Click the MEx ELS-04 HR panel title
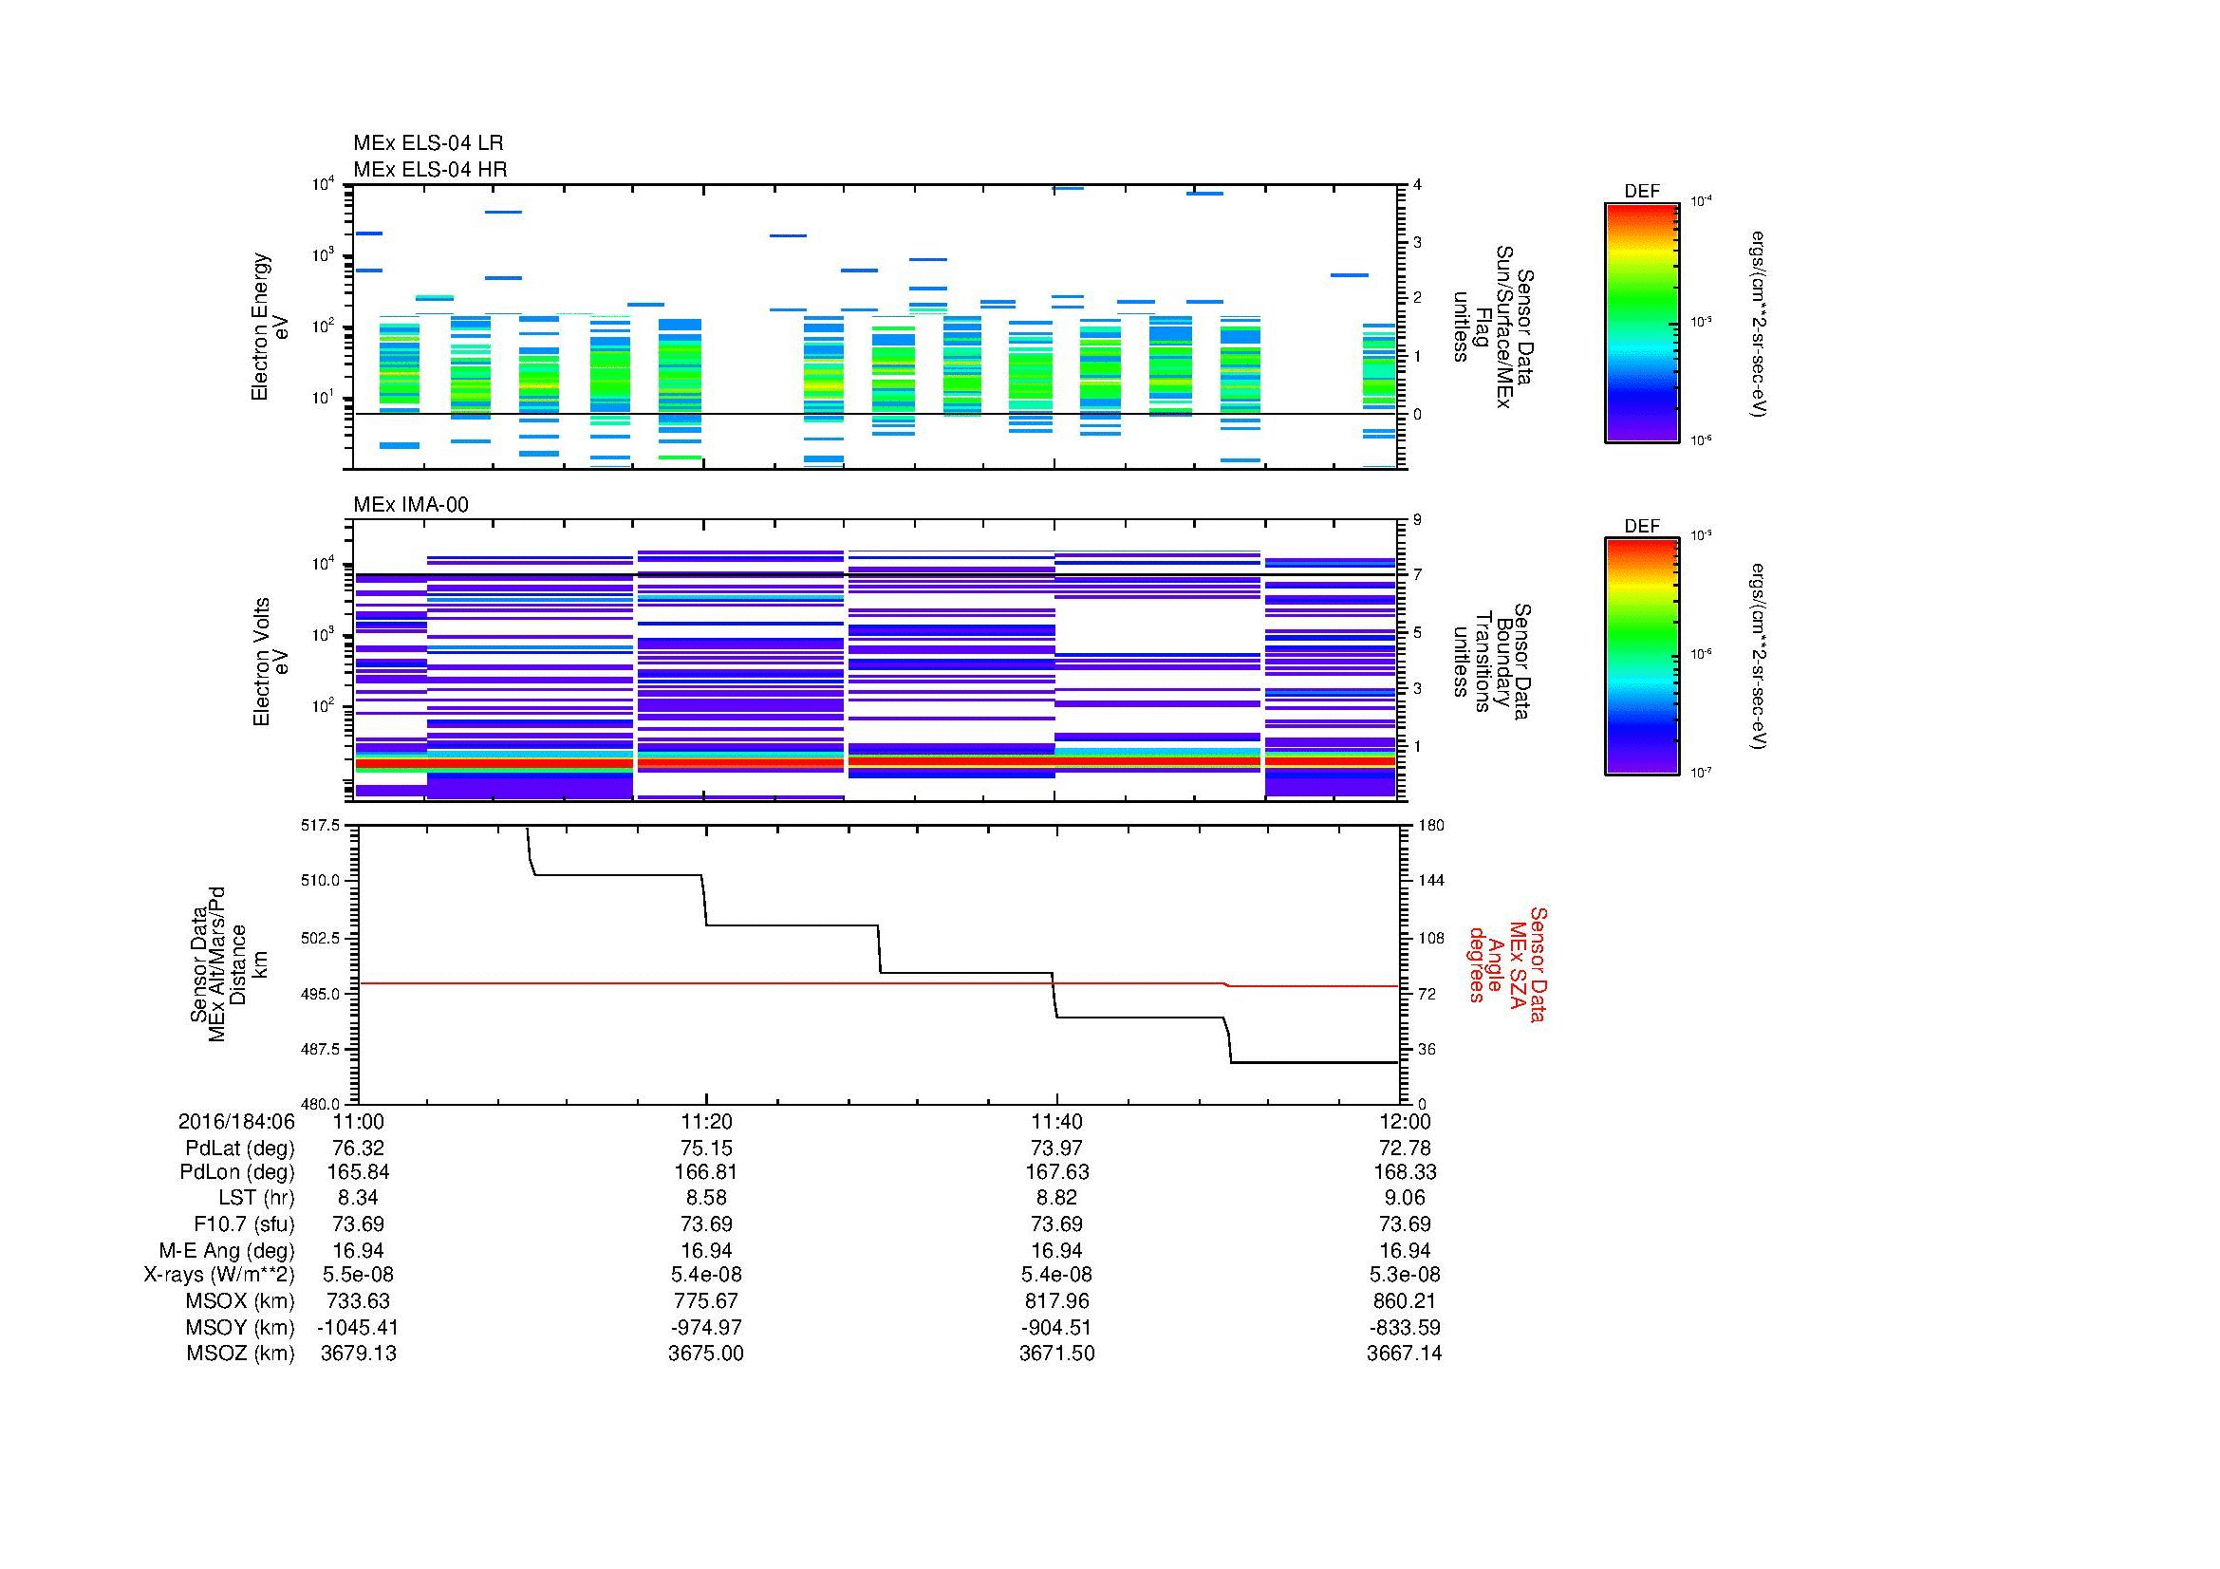coord(430,169)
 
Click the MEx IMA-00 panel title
coord(411,505)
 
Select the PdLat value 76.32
coord(358,1149)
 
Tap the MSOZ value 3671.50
coord(1056,1354)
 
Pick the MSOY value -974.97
coord(707,1327)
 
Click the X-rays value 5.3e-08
coord(1404,1275)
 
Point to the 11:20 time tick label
coord(707,1121)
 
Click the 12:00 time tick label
coord(1405,1121)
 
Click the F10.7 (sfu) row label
coord(244,1223)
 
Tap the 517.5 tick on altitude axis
coord(321,826)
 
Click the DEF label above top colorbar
coord(1642,192)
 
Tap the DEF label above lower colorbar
coord(1642,527)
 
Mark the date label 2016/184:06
coord(236,1121)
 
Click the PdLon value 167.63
coord(1056,1171)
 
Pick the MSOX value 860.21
coord(1404,1301)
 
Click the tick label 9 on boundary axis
coord(1417,520)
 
